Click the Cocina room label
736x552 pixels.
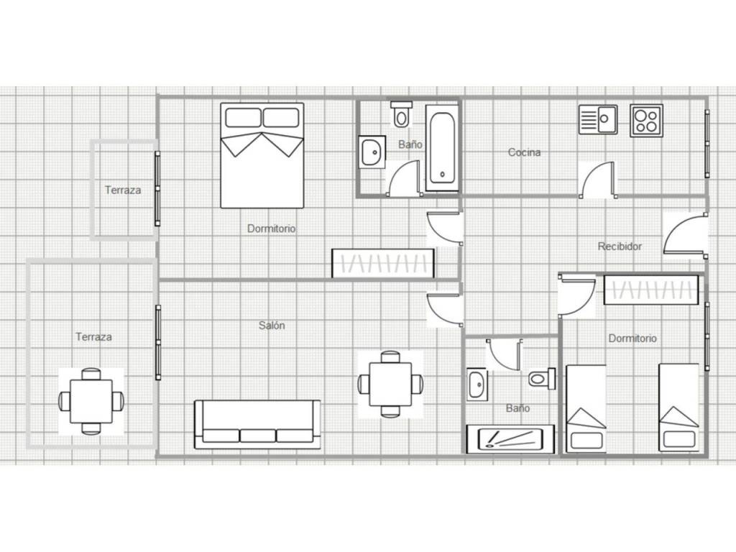(524, 152)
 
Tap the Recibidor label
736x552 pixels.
(620, 246)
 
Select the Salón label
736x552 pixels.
(272, 325)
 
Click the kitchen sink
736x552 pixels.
(598, 120)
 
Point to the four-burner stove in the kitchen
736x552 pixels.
(646, 121)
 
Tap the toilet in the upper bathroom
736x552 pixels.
(401, 114)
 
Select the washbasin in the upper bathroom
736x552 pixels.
(372, 152)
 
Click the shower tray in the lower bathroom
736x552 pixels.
(510, 439)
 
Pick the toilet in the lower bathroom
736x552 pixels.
(542, 378)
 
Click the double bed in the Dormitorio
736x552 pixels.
(262, 155)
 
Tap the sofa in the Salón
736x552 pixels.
(258, 424)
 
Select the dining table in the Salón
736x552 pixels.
(390, 384)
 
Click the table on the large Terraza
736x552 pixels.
(91, 401)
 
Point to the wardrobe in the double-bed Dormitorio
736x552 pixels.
(383, 263)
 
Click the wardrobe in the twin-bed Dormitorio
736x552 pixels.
(651, 290)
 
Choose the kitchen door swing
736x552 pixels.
(597, 180)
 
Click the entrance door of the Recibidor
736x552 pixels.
(685, 235)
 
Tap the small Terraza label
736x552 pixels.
(122, 190)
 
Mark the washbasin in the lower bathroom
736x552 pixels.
(477, 385)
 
